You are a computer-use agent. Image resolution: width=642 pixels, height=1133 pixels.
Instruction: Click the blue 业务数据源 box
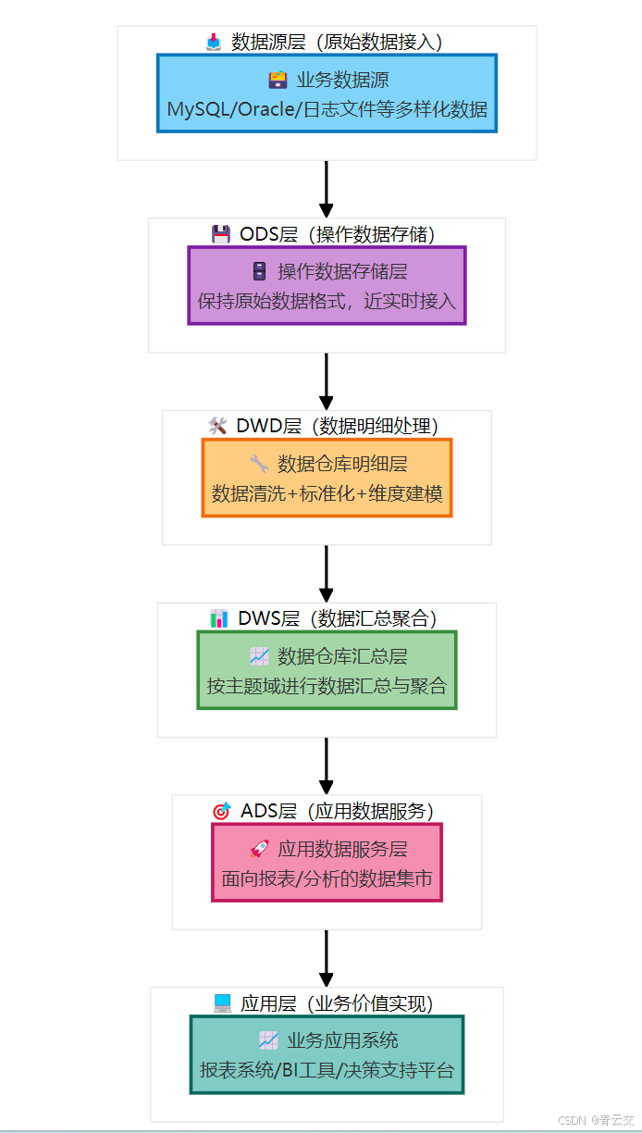[x=327, y=93]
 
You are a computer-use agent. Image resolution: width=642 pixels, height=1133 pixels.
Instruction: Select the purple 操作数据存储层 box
[x=327, y=285]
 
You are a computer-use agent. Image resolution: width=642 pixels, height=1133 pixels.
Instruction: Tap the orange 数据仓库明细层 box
[x=327, y=478]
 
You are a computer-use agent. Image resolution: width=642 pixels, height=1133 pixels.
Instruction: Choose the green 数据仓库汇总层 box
[x=327, y=670]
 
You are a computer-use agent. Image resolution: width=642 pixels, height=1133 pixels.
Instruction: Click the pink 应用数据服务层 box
[x=327, y=862]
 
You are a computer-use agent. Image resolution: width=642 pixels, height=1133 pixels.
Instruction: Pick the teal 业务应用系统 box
[x=327, y=1054]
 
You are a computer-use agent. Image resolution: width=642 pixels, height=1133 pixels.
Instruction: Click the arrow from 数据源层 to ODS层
[x=327, y=189]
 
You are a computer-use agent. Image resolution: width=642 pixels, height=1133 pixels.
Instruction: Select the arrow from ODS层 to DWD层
[x=327, y=380]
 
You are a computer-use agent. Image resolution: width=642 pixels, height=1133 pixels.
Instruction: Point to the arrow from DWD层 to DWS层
[x=327, y=573]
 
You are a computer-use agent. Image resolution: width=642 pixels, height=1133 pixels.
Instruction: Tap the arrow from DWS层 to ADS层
[x=327, y=766]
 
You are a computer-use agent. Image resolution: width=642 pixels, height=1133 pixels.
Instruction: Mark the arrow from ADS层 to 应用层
[x=327, y=958]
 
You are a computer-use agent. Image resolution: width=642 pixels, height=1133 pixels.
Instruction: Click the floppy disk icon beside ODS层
[x=221, y=234]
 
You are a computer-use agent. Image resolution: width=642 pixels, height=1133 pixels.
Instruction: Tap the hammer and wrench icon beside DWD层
[x=217, y=426]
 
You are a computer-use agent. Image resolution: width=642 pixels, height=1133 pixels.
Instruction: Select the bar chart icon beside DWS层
[x=219, y=618]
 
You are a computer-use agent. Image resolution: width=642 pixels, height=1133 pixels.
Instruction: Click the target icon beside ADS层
[x=221, y=811]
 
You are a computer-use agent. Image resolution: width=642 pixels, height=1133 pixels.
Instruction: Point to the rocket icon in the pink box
[x=259, y=849]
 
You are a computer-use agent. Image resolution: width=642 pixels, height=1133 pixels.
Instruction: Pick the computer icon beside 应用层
[x=222, y=1002]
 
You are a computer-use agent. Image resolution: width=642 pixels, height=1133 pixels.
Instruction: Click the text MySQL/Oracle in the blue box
[x=233, y=109]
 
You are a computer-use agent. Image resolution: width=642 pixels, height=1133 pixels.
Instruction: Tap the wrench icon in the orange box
[x=259, y=464]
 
